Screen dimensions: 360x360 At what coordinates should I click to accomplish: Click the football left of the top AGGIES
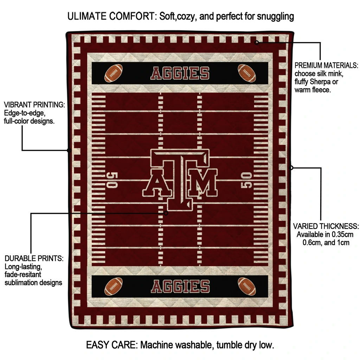pos(114,73)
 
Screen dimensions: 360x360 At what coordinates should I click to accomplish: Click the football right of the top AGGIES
pos(247,73)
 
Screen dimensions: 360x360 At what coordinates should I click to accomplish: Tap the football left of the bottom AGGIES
pos(114,286)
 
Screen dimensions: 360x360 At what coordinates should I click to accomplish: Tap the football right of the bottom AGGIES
pos(247,286)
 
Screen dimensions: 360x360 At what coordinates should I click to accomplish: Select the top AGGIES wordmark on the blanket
pos(180,73)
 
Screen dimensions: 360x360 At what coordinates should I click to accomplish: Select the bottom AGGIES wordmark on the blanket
pos(180,287)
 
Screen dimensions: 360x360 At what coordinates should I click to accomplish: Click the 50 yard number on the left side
pos(112,180)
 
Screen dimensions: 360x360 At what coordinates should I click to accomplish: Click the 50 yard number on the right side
pos(246,180)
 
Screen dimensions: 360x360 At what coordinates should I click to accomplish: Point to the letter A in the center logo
pos(157,183)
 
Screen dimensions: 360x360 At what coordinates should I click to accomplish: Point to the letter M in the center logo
pos(202,183)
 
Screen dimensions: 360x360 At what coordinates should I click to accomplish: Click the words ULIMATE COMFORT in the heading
pos(112,16)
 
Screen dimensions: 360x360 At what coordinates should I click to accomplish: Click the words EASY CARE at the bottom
pos(111,345)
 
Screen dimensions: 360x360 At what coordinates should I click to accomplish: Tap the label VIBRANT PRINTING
pos(34,105)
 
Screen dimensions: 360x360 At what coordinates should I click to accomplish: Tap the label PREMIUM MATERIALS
pos(326,65)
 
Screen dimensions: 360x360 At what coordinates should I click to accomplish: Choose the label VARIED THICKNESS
pos(326,226)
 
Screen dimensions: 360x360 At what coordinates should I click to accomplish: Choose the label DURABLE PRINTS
pos(34,258)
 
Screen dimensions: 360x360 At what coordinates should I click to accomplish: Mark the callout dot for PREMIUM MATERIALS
pos(257,42)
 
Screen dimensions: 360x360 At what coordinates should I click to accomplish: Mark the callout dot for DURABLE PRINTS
pos(166,213)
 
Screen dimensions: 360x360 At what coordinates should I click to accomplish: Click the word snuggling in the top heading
pos(275,17)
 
